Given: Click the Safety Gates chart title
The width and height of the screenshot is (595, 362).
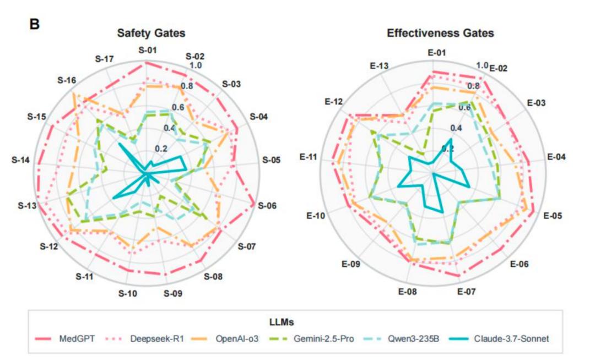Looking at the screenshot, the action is pos(151,33).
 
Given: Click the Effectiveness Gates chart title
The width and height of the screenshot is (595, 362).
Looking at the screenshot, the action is pos(440,33).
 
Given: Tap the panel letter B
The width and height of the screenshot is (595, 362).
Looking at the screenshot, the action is pos(35,24).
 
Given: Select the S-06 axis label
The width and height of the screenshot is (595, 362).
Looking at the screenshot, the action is pos(267,206).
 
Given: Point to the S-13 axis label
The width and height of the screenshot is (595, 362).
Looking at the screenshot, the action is pos(27,206).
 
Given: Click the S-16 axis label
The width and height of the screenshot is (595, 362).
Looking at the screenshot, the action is pos(67,80).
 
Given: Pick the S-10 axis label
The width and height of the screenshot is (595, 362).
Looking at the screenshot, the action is pos(127,293).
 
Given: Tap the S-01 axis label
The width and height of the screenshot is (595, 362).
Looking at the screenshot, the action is pos(147,50).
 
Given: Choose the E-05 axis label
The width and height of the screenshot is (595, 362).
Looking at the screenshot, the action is pos(553,216).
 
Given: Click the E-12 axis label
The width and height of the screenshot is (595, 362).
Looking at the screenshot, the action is pos(333,102).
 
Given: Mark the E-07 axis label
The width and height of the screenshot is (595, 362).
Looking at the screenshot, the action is pos(467,292).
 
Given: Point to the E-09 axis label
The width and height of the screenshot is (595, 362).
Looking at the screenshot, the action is pos(350,264).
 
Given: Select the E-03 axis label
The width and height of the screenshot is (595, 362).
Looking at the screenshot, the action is pos(536,103).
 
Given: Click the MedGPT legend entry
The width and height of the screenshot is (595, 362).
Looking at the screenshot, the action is pos(64,338).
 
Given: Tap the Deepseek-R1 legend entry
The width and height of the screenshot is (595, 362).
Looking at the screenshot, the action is pos(144,338).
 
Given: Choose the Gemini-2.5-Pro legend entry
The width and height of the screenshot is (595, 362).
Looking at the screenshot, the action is pos(311,338).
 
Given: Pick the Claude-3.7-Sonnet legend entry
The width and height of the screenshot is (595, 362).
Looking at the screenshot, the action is pos(499,338).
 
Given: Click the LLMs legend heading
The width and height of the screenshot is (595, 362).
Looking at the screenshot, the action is pos(282,322).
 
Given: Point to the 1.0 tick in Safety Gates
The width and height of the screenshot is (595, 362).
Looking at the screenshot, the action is pos(196,65).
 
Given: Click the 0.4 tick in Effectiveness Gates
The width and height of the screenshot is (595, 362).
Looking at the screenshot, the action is pos(456,128).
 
